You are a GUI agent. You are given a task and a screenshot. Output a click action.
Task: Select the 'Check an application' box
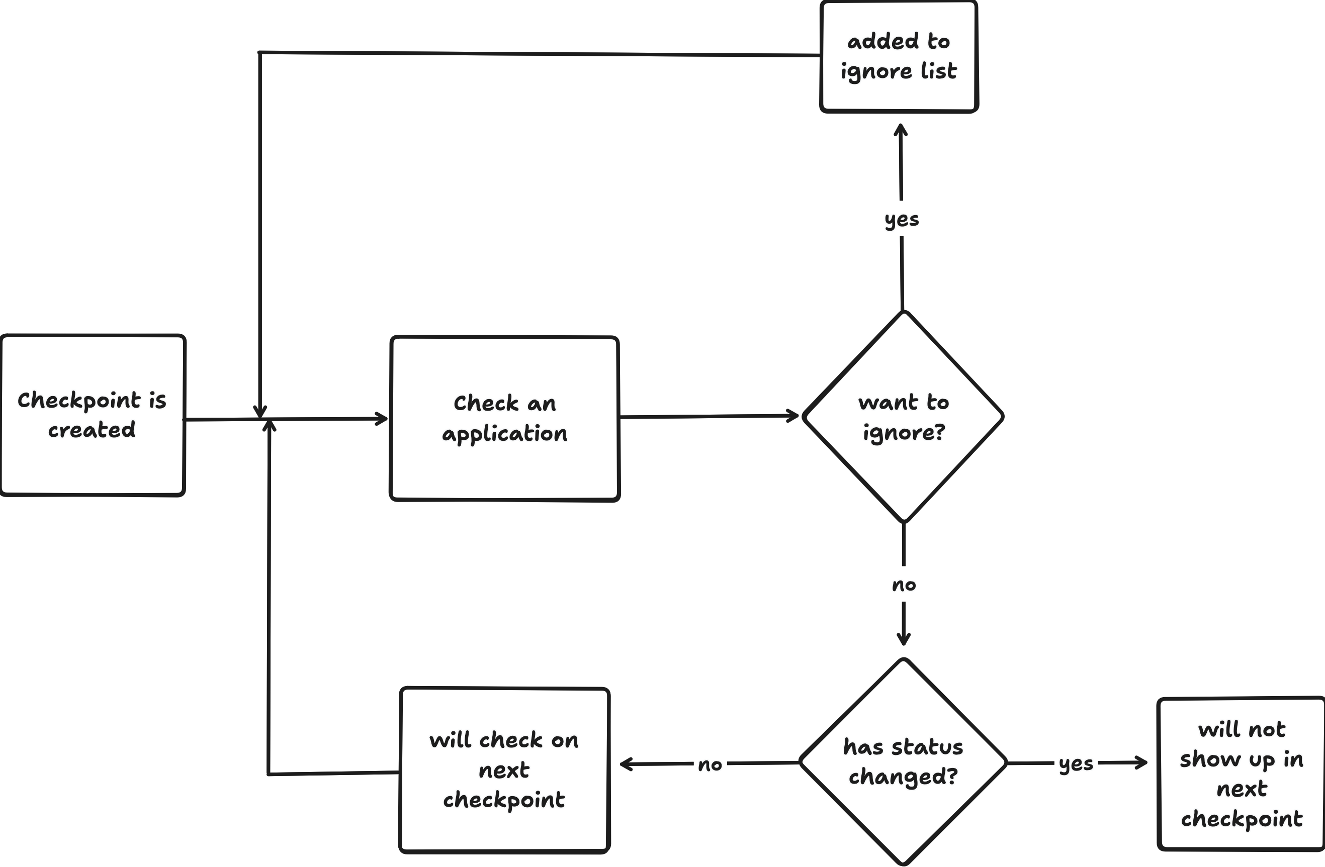(504, 419)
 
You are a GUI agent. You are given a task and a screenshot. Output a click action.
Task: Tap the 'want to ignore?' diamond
(903, 417)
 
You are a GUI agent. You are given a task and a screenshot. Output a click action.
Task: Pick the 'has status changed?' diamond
(903, 762)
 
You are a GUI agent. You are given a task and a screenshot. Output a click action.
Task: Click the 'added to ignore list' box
(899, 56)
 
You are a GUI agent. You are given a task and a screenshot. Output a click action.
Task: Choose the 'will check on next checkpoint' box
(504, 769)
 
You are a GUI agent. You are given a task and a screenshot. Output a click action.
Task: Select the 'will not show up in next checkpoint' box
(1241, 774)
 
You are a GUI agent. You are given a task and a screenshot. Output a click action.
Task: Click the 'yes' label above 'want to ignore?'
(901, 220)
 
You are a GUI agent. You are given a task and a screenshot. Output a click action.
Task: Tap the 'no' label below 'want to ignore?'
(904, 585)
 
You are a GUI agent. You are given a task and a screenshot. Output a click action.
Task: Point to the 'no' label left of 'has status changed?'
(711, 765)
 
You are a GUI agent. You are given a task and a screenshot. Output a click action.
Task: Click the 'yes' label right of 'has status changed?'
(1076, 764)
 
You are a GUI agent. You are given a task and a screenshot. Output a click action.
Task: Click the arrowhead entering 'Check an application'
(383, 419)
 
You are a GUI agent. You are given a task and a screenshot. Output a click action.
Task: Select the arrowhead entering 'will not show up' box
(1142, 762)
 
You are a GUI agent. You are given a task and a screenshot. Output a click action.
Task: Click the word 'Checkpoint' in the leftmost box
(78, 401)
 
